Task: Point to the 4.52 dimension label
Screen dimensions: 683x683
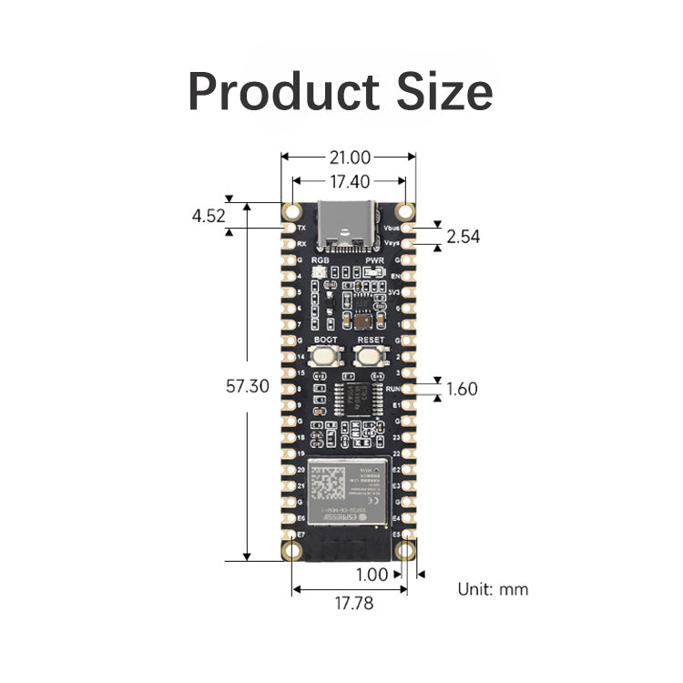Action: click(x=209, y=216)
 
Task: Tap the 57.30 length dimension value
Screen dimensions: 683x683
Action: click(x=247, y=385)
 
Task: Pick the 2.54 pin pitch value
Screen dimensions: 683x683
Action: click(x=463, y=237)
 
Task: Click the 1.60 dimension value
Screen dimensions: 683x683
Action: click(x=462, y=389)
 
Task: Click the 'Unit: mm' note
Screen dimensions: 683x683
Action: click(x=492, y=589)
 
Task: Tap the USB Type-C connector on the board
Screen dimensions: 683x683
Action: click(x=348, y=224)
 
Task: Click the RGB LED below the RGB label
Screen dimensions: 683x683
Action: click(x=320, y=273)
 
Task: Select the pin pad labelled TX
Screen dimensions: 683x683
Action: click(x=290, y=228)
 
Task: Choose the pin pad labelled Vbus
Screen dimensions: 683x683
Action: click(x=407, y=228)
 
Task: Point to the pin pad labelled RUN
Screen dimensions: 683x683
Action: click(x=407, y=389)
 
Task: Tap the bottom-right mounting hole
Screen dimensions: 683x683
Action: click(x=406, y=550)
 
